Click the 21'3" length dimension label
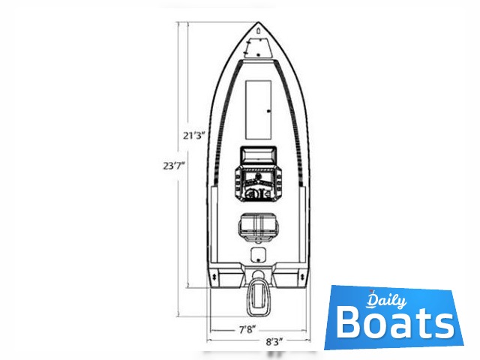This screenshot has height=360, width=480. tap(193, 135)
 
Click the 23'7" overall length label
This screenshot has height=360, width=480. tap(174, 166)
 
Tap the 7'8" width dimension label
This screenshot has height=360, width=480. tap(247, 330)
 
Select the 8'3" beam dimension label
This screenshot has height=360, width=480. tap(274, 342)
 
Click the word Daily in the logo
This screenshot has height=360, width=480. tap(387, 301)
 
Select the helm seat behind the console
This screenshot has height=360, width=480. tap(258, 227)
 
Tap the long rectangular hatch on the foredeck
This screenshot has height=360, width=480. tap(258, 109)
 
